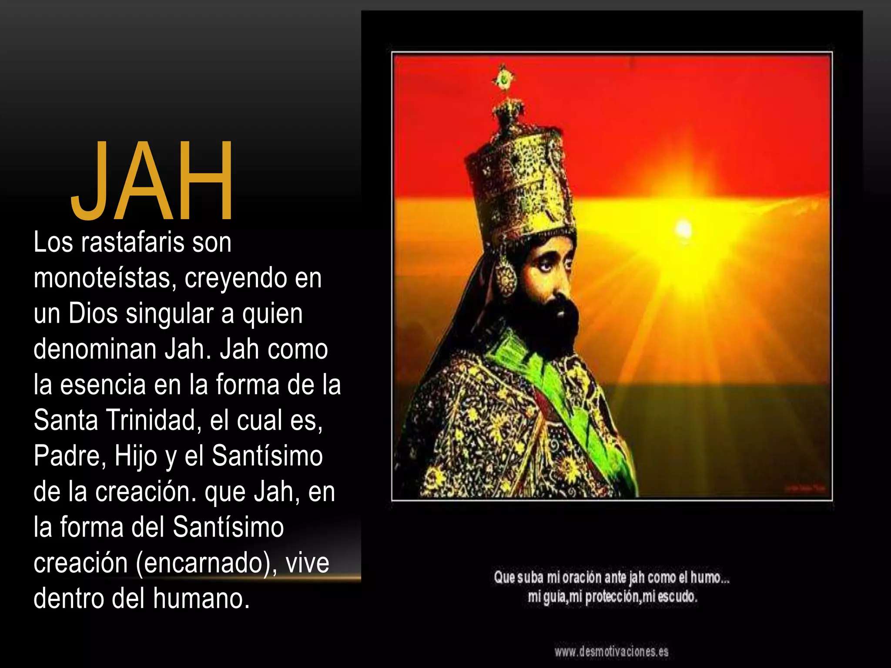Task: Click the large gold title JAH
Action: (x=152, y=180)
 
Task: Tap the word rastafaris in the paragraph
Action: (x=133, y=242)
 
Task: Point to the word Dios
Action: (x=93, y=314)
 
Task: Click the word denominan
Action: (x=95, y=349)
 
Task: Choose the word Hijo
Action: (x=136, y=456)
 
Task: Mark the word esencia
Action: (x=103, y=385)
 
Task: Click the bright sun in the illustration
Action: (x=683, y=229)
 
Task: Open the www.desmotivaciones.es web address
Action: (x=611, y=651)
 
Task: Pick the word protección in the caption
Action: (x=613, y=597)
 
